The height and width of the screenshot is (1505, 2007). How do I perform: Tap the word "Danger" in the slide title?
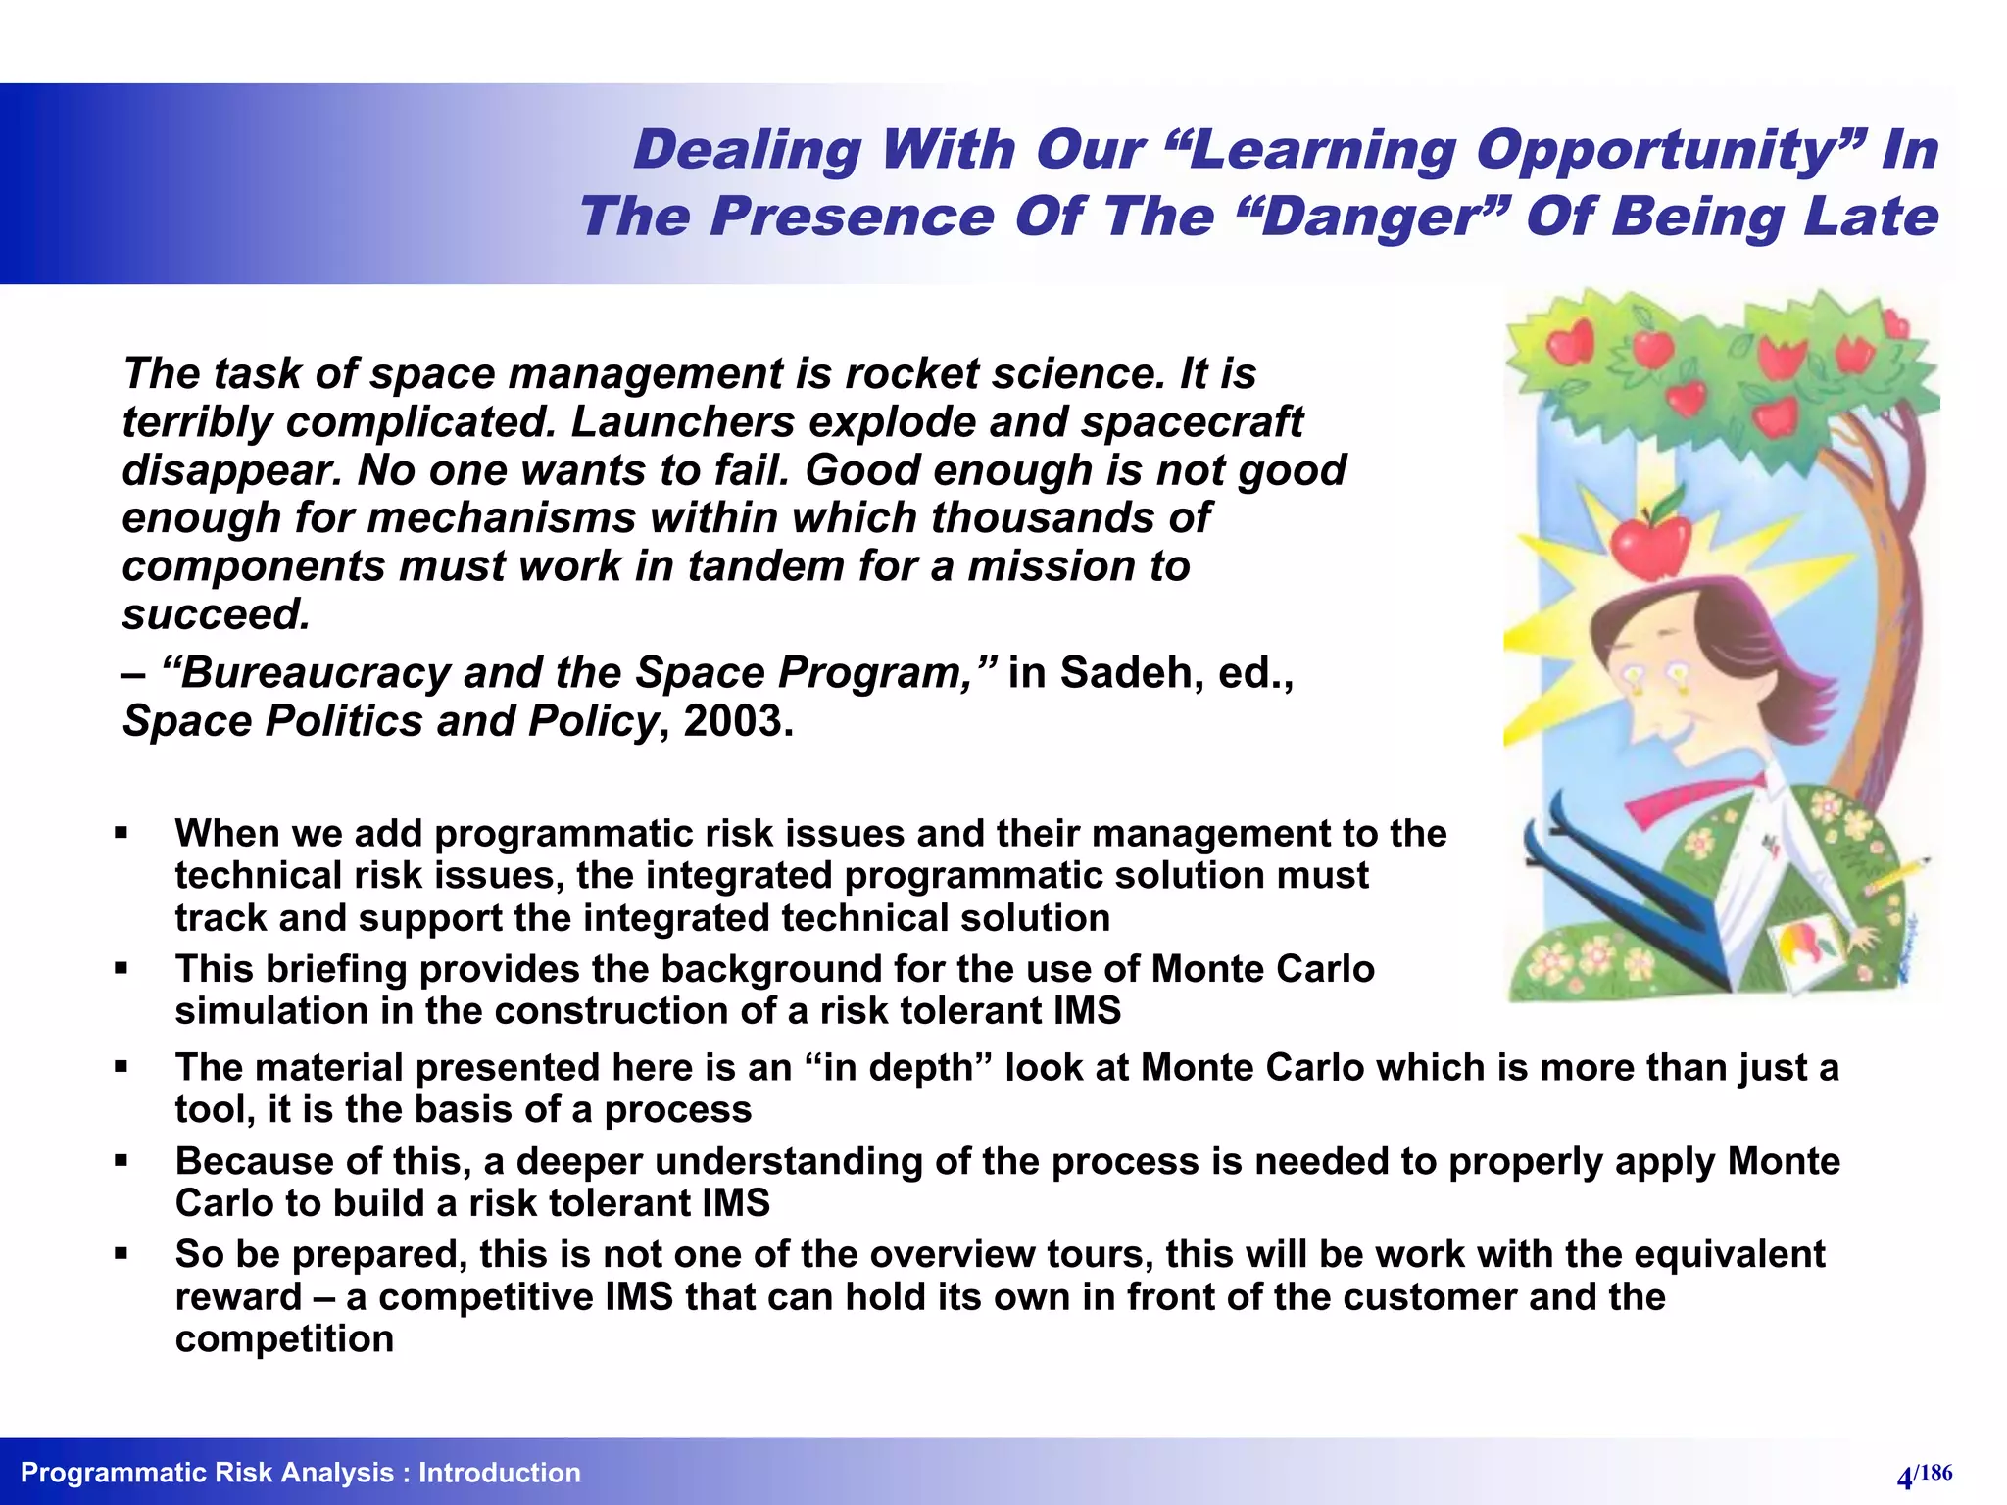coord(1377,217)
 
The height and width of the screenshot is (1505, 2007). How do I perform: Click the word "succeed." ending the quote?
coord(217,614)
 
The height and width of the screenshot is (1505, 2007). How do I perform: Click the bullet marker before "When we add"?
coord(122,834)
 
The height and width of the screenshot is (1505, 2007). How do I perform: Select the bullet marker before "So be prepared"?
coord(122,1254)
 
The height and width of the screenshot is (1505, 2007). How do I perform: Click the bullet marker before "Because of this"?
coord(122,1161)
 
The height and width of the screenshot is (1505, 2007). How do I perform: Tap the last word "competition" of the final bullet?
coord(284,1338)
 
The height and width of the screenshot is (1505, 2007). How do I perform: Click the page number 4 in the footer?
coord(1904,1478)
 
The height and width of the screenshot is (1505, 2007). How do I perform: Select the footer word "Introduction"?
coord(499,1473)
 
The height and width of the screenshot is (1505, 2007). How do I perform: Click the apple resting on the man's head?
coord(1651,544)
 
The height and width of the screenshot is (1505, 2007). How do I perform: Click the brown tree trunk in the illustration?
coord(1896,588)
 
